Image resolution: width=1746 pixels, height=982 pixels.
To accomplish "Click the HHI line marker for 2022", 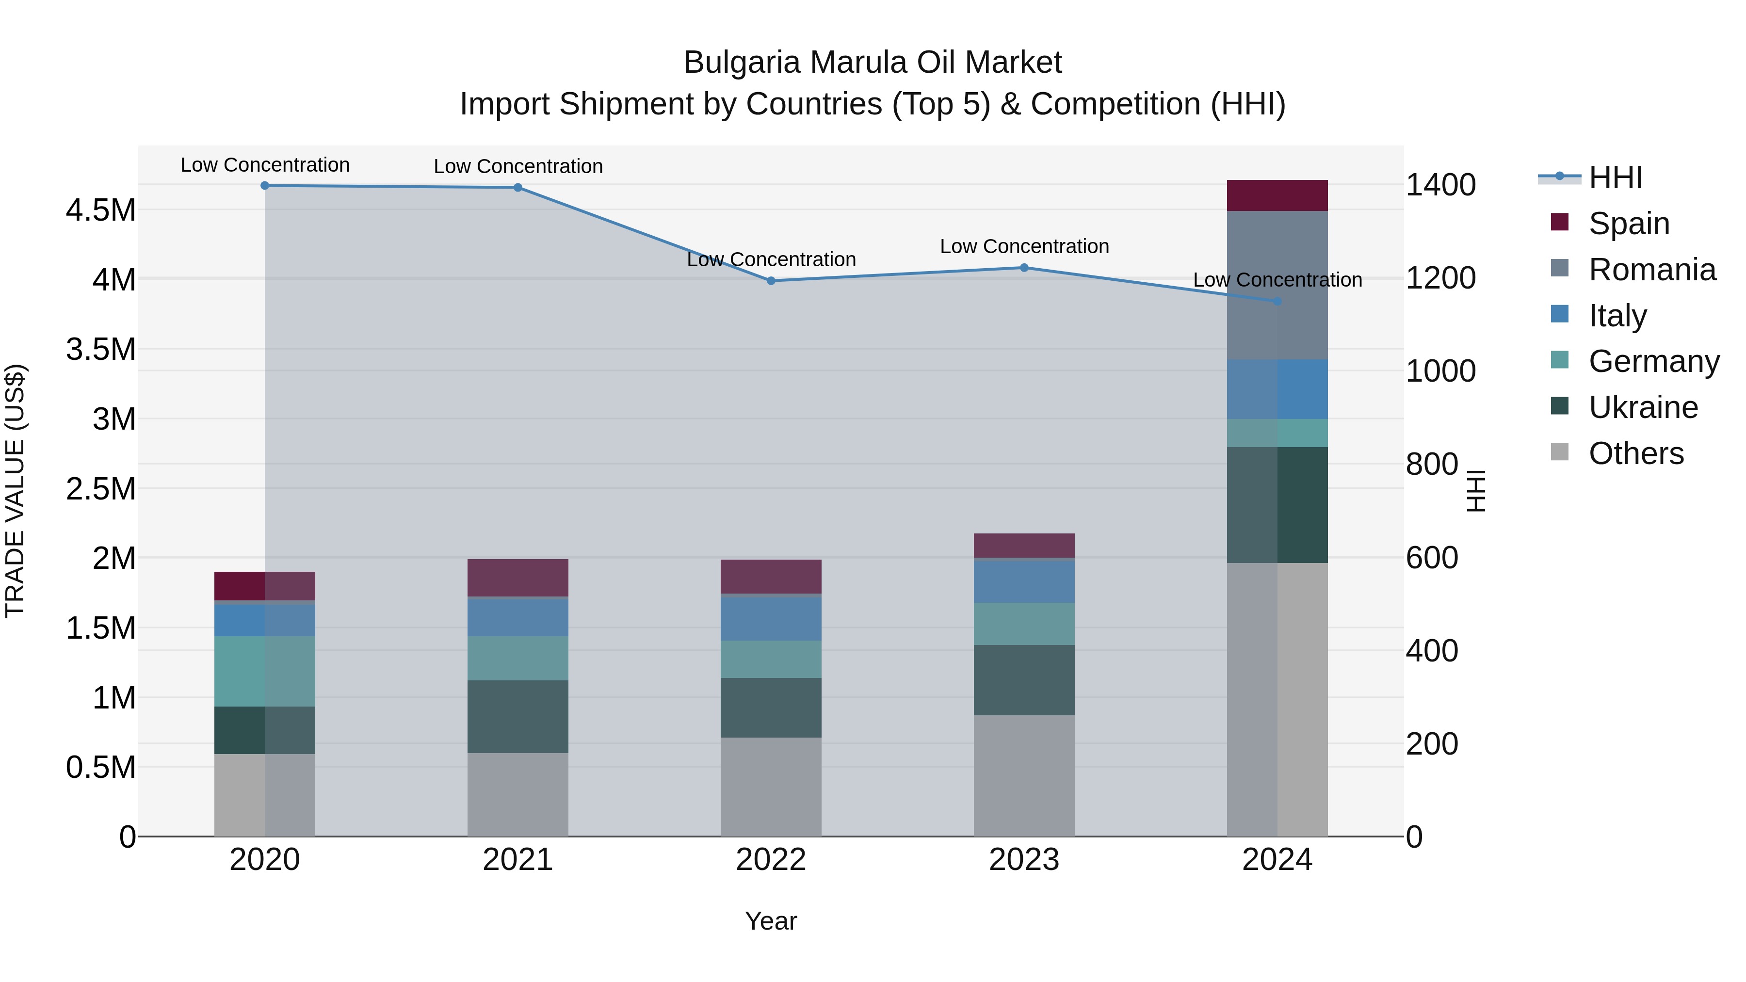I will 771,281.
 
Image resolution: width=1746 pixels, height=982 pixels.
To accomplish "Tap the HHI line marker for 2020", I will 265,185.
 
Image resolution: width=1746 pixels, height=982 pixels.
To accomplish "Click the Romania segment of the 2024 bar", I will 1277,285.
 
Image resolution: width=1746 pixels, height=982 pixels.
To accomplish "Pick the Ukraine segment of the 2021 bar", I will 518,716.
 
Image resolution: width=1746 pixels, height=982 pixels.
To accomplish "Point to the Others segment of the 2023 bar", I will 1024,775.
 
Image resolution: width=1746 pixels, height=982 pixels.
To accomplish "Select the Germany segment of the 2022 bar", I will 771,659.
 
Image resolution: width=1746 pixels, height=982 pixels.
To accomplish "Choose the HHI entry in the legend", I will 1615,177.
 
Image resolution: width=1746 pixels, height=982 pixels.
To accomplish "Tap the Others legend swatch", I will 1560,452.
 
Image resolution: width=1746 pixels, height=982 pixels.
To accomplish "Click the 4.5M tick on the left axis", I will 100,210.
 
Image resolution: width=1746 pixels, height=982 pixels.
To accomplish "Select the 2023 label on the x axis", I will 1024,860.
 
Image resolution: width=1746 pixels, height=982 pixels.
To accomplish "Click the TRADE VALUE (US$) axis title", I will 15,491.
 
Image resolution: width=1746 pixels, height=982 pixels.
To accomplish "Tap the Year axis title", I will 771,921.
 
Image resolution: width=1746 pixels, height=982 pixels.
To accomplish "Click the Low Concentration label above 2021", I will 518,166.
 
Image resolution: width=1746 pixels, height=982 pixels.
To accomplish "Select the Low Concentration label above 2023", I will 1024,246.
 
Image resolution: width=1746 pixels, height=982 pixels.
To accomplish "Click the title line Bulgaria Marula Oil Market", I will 873,63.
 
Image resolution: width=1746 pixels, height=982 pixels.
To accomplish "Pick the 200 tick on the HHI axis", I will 1432,743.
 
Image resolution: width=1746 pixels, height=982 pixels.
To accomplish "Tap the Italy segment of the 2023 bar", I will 1024,581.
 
